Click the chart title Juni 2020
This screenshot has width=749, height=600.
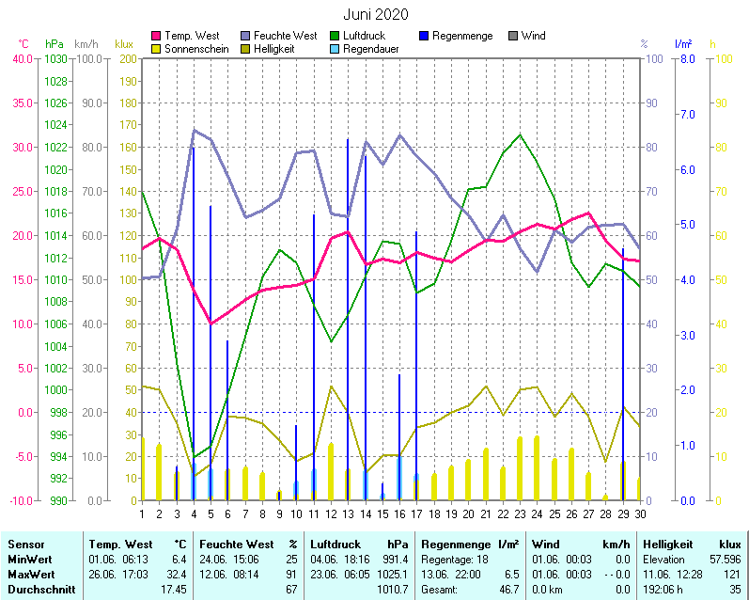click(x=375, y=14)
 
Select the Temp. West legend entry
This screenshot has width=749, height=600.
click(x=192, y=36)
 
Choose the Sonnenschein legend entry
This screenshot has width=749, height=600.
click(x=195, y=48)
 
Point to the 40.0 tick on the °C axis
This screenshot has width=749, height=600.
click(x=21, y=59)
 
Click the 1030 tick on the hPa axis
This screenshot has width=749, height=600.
click(x=55, y=59)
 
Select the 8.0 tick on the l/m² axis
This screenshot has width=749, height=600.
click(x=686, y=59)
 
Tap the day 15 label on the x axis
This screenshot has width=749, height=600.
click(x=382, y=513)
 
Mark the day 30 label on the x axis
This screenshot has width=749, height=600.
click(x=640, y=513)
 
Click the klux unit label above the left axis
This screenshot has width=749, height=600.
click(x=124, y=44)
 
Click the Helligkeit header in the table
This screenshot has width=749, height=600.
click(x=668, y=544)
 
